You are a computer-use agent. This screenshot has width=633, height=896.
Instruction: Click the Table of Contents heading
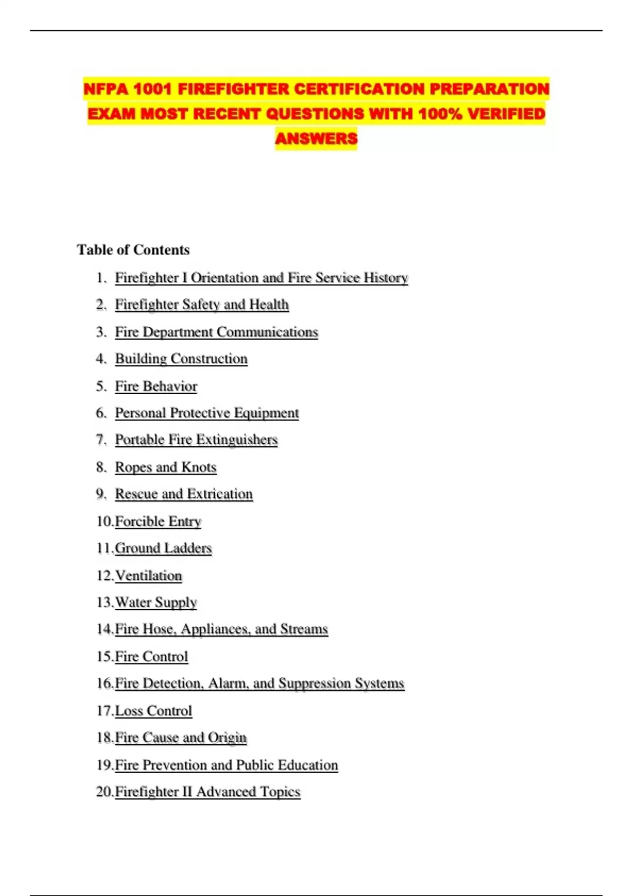(x=133, y=250)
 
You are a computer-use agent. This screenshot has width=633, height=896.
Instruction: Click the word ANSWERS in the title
(x=316, y=139)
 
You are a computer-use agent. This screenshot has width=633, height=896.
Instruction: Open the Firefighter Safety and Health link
(x=202, y=305)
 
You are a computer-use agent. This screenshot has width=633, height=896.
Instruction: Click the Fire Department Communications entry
(x=216, y=332)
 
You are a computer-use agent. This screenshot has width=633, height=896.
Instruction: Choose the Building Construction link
(x=181, y=359)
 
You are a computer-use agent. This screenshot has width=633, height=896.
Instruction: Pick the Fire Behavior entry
(x=156, y=386)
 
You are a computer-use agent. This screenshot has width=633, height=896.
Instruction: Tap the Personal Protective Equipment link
(x=207, y=413)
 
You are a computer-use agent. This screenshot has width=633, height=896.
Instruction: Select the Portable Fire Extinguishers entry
(x=196, y=440)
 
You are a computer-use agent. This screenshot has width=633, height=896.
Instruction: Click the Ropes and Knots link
(x=166, y=468)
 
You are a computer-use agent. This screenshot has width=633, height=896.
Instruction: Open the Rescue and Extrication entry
(x=184, y=494)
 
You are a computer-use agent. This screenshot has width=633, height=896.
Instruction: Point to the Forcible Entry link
(x=158, y=521)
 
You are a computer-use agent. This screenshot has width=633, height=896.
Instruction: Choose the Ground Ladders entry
(x=163, y=548)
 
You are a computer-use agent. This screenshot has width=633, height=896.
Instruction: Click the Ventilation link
(x=148, y=576)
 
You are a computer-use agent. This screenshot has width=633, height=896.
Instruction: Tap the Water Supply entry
(x=156, y=602)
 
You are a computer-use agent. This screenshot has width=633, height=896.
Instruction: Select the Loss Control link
(x=153, y=711)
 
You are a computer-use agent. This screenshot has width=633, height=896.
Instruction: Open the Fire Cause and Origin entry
(x=180, y=737)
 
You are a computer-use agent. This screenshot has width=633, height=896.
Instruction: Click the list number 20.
(x=103, y=792)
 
